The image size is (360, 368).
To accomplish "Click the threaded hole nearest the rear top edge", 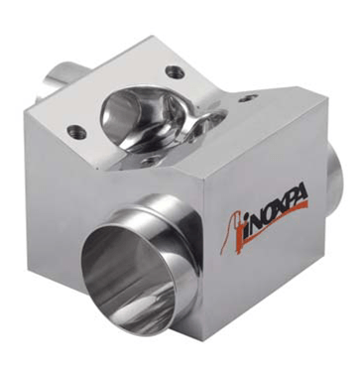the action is point(175,72).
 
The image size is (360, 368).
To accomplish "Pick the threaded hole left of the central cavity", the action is point(76,132).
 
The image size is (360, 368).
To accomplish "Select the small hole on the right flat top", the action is point(249,98).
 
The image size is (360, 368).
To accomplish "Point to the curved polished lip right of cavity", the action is point(206,121).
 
